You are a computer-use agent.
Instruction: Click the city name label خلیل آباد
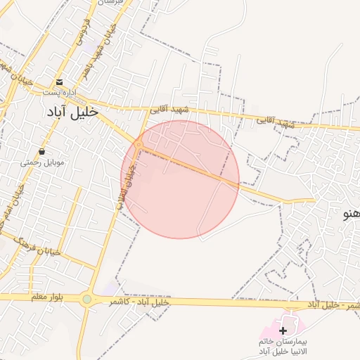[x=72, y=112]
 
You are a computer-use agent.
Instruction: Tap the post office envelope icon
[x=60, y=82]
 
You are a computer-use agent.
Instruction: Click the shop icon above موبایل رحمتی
[x=43, y=151]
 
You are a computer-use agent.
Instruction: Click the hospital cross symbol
[x=283, y=330]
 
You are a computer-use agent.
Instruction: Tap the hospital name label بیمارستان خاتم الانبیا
[x=284, y=345]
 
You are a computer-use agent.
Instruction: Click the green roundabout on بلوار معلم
[x=86, y=300]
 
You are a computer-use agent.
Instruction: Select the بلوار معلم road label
[x=47, y=297]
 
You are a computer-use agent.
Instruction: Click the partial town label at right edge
[x=351, y=214]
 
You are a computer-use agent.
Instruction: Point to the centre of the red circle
[x=180, y=179]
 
